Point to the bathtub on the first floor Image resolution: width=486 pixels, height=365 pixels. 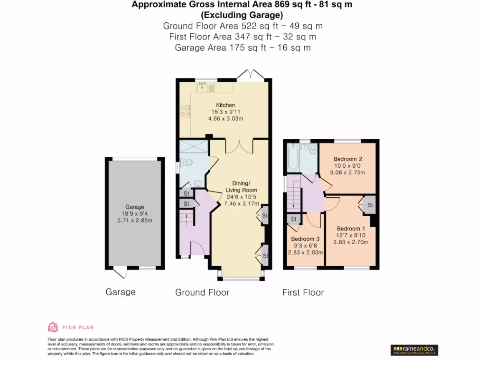point(292,158)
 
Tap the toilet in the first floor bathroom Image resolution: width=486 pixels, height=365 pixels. point(312,150)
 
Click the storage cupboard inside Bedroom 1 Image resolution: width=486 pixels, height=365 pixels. point(369,205)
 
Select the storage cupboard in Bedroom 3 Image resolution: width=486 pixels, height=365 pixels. point(293,219)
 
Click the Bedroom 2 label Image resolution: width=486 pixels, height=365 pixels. point(347,159)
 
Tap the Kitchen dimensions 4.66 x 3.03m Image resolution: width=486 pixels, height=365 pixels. point(225,118)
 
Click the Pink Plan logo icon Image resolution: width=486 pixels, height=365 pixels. point(53,327)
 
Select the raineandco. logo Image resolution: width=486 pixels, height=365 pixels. point(414,350)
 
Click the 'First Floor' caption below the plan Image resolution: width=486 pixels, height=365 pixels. point(303,292)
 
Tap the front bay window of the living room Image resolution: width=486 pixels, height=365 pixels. point(239,277)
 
